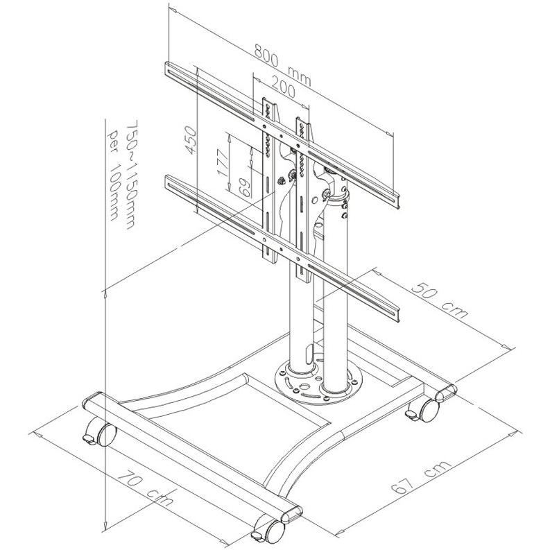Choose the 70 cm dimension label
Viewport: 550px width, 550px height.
[x=145, y=485]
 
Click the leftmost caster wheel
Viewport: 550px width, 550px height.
[x=98, y=434]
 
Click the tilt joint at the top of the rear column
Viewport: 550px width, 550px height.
[x=336, y=186]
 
